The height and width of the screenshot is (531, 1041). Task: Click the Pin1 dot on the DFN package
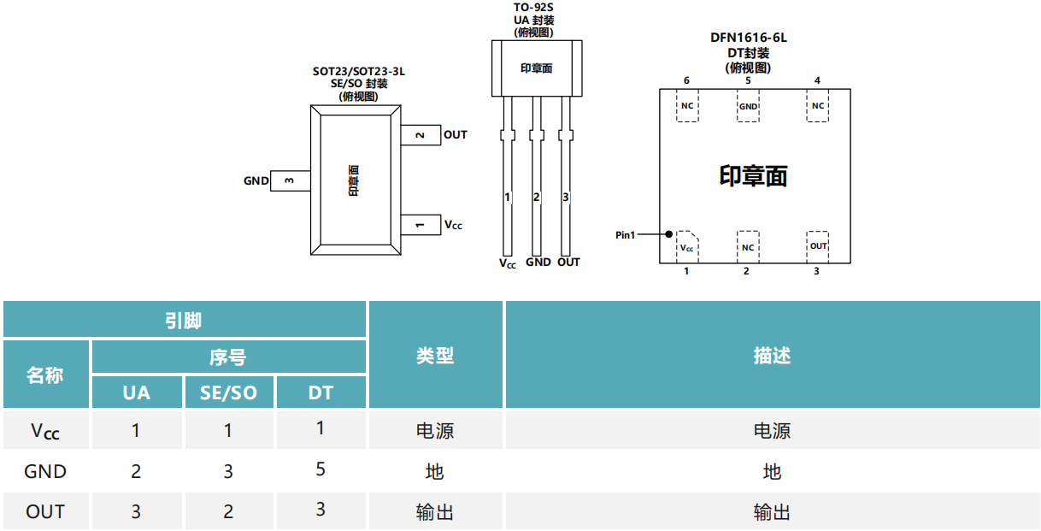point(669,233)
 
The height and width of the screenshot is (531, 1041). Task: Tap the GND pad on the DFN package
point(748,106)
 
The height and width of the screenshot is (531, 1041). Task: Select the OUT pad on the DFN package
point(818,246)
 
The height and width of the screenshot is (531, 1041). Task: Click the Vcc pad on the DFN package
point(686,247)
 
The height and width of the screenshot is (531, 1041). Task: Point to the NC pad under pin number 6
point(687,106)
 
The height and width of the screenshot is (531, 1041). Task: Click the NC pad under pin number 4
point(818,106)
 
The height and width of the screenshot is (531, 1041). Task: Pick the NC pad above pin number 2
point(748,247)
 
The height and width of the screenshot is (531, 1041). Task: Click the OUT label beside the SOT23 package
point(456,134)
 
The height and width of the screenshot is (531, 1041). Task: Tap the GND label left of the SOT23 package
point(256,180)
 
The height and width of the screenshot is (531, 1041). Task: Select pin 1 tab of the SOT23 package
point(421,224)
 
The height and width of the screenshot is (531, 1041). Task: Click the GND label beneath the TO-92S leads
point(538,263)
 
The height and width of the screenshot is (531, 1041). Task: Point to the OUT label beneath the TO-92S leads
point(568,263)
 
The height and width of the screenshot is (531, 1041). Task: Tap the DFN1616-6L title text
point(748,38)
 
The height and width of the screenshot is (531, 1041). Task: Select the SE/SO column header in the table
point(228,392)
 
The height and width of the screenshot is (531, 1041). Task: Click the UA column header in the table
point(136,392)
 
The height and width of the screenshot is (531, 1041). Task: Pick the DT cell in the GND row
point(321,470)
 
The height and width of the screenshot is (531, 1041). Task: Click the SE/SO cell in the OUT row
point(228,511)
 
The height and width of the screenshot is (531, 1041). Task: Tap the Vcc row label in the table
point(45,431)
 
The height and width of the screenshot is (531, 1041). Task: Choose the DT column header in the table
point(321,392)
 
